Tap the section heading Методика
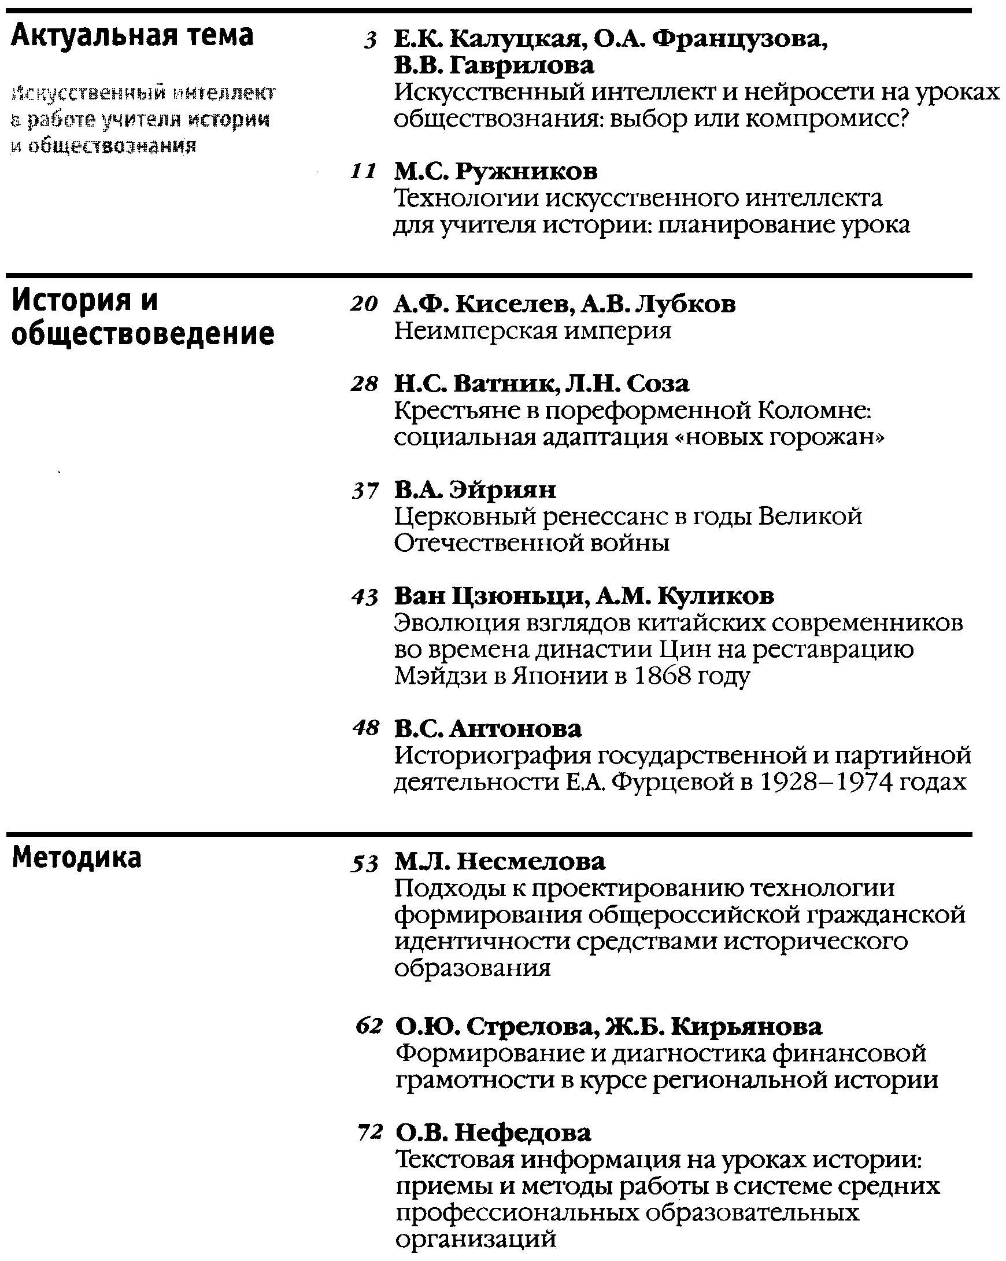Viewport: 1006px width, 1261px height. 76,858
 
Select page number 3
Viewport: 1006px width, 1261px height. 369,41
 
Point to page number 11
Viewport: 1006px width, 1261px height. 363,172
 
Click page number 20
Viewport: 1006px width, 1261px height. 364,305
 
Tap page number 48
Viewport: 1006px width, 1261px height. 365,729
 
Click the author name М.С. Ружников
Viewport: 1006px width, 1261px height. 495,172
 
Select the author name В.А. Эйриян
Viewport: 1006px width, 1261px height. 475,489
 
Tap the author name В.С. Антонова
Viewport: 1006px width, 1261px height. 488,729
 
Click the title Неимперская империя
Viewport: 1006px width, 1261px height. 532,331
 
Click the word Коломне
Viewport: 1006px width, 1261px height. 813,411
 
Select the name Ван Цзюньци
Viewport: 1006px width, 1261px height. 489,596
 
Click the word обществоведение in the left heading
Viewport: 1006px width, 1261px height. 143,334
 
